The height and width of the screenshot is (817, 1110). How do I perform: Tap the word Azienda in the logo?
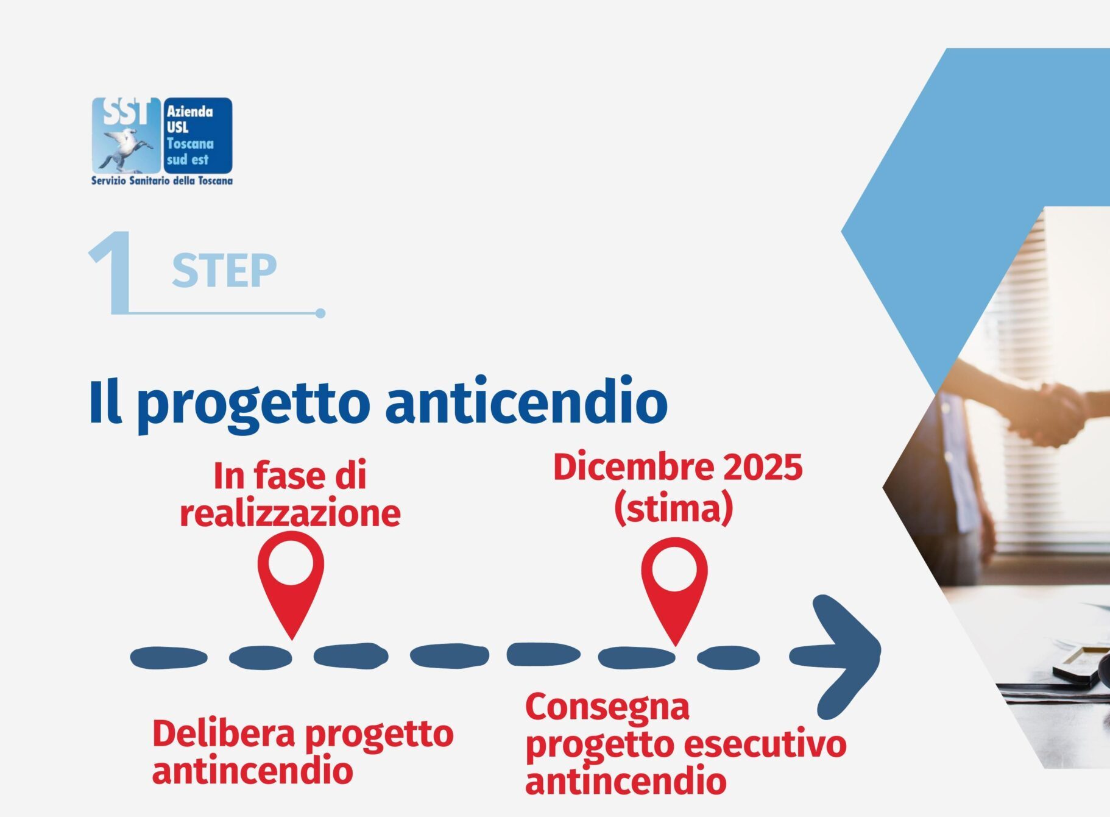[x=190, y=112]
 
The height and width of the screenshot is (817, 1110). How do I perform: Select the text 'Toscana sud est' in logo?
[x=190, y=152]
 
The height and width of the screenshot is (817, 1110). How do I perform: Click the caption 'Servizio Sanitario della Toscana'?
[x=162, y=180]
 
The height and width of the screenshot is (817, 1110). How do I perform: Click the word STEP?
[x=224, y=271]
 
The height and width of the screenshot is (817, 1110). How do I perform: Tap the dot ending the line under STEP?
[x=320, y=313]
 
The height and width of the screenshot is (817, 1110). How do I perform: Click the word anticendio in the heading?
[x=526, y=402]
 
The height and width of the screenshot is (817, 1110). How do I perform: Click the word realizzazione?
[x=290, y=513]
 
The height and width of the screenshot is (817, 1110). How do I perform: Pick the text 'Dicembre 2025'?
[x=678, y=468]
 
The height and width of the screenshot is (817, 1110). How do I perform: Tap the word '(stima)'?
[x=673, y=508]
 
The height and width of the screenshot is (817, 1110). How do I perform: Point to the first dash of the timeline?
[x=169, y=658]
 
